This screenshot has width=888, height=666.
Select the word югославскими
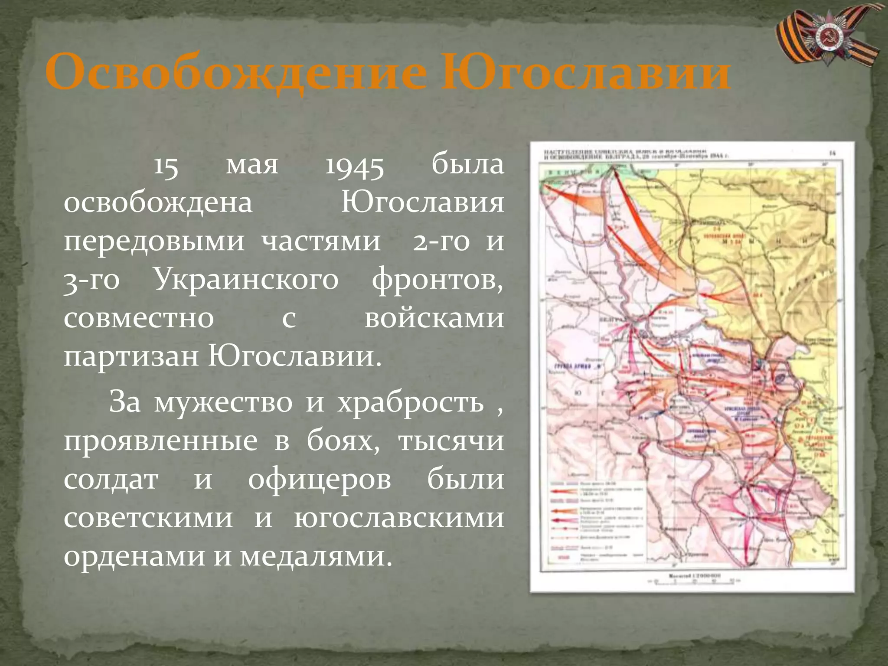click(x=399, y=519)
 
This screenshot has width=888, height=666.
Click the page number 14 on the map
click(x=832, y=153)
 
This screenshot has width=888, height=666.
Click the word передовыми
click(x=154, y=242)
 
